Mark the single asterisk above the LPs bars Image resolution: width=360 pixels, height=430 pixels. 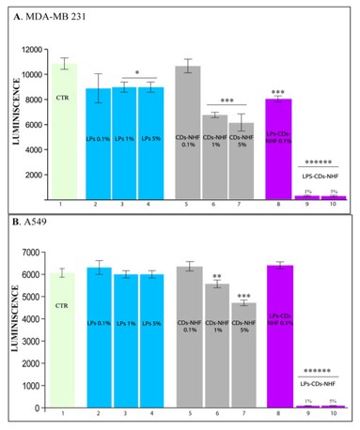[x=137, y=71]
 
